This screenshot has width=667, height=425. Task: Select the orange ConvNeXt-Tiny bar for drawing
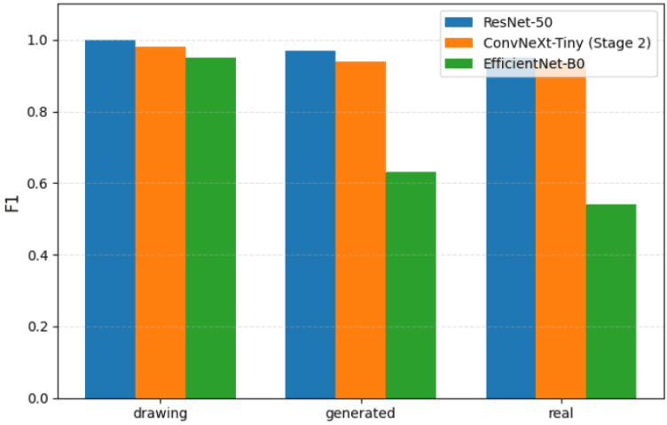161,223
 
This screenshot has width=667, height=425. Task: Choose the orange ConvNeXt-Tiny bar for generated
360,230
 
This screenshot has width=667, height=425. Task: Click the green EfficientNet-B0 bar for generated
411,285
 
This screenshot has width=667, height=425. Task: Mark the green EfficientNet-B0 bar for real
611,301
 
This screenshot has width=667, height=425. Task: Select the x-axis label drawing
161,413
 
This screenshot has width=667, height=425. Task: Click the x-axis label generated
360,413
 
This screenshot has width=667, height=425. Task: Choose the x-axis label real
561,413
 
